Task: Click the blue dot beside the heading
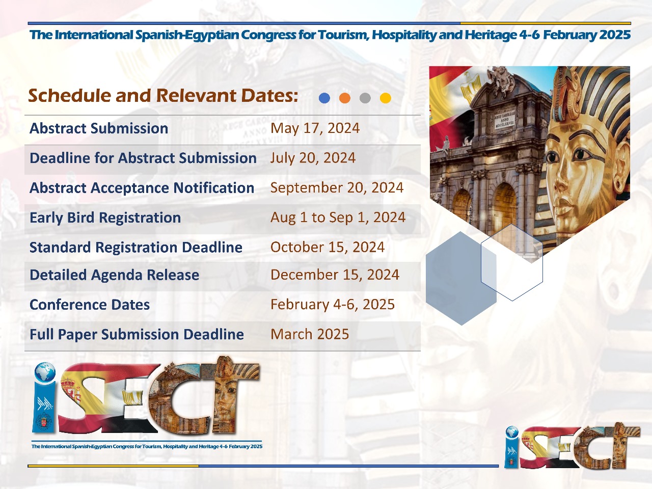324,98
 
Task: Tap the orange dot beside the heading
344,98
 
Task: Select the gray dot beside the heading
365,98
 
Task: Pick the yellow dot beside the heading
386,98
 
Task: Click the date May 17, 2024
315,128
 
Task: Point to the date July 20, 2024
313,158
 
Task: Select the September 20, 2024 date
337,187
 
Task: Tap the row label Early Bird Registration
105,218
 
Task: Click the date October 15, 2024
328,247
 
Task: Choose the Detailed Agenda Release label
115,275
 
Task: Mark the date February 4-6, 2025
333,304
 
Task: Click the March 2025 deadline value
310,334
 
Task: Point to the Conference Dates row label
90,305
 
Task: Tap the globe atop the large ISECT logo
45,372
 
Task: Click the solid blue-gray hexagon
461,278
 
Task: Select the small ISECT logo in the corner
573,446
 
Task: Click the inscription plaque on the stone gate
504,120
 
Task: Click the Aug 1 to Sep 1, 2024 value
338,218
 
